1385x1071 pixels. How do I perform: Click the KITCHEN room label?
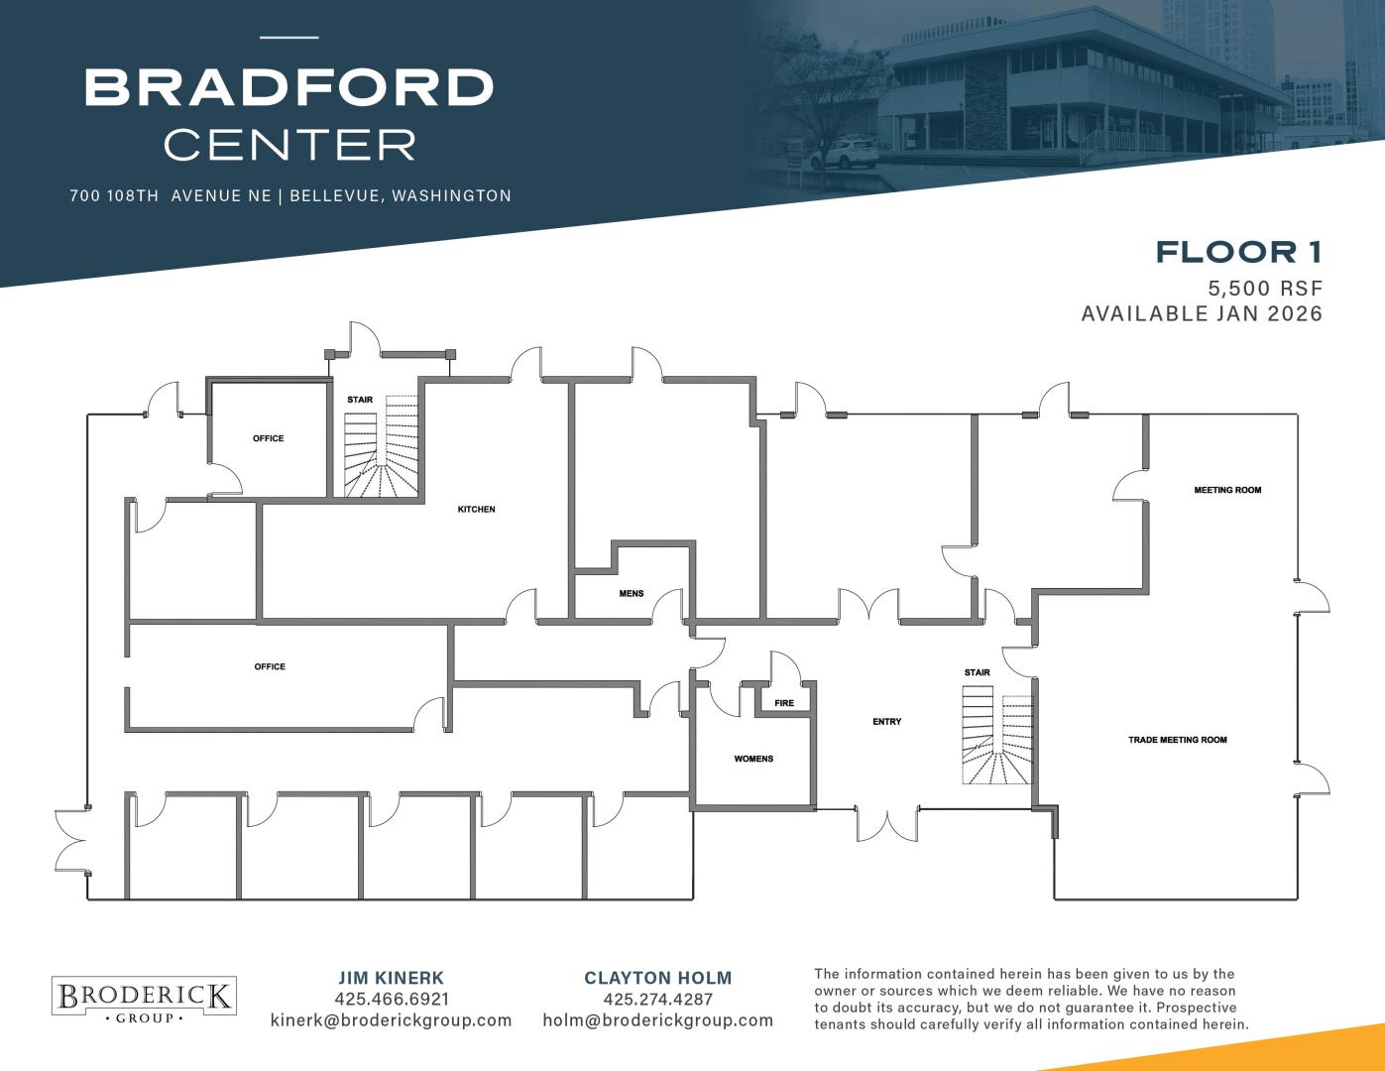tap(476, 510)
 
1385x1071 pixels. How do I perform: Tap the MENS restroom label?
tap(631, 593)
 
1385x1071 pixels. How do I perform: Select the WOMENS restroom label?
tap(753, 759)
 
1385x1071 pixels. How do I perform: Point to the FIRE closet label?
tap(784, 703)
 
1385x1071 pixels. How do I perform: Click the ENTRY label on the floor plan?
tap(886, 722)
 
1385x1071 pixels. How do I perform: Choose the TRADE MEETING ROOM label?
tap(1177, 740)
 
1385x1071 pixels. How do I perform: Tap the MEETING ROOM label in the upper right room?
tap(1227, 490)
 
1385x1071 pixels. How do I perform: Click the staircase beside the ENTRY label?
tap(996, 735)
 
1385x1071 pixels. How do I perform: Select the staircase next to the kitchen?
tap(381, 446)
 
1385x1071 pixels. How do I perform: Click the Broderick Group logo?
tap(144, 996)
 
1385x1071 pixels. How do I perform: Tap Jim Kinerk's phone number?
tap(392, 999)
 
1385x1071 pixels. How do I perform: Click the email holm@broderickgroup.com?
tap(657, 1020)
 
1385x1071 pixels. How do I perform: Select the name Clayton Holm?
tap(657, 978)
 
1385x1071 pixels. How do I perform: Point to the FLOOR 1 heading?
tap(1239, 252)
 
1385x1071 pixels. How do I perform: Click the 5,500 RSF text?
tap(1265, 289)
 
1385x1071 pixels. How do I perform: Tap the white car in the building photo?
tap(844, 155)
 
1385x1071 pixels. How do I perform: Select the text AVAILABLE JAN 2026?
tap(1202, 313)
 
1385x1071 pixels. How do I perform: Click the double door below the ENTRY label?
tap(887, 824)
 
